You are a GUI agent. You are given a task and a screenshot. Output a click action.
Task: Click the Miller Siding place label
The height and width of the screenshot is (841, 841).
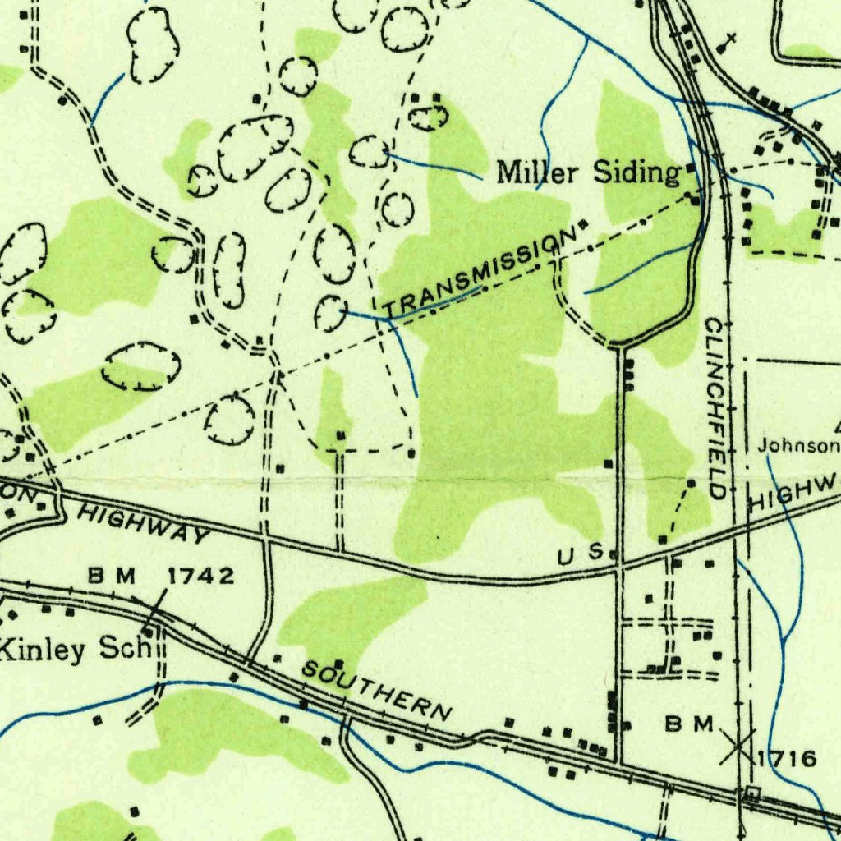pos(590,172)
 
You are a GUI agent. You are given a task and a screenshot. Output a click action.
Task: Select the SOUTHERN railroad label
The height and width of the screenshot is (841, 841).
pos(377,691)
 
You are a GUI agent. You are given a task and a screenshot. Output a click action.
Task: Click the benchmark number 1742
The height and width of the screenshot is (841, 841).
pos(201,576)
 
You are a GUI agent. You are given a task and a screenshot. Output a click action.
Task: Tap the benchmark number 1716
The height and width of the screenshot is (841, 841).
pos(787,757)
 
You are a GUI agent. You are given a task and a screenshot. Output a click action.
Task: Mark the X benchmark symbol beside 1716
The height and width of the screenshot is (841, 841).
pos(737,746)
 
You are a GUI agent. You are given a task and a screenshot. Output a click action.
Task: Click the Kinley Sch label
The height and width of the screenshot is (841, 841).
pos(76,649)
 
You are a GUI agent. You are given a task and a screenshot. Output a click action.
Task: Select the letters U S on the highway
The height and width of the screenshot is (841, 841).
pos(581,555)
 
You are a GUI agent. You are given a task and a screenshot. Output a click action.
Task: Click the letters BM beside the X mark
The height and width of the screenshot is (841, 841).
pos(690,724)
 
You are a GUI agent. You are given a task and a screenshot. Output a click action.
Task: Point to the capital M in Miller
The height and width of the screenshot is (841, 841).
pos(512,172)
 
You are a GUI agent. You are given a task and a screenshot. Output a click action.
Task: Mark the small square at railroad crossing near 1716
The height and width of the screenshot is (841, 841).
pos(752,793)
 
